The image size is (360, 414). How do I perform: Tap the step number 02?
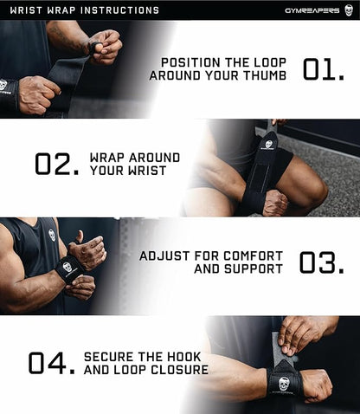pyautogui.click(x=57, y=164)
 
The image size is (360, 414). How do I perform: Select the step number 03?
pyautogui.click(x=324, y=262)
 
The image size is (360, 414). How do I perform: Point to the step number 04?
pyautogui.click(x=50, y=362)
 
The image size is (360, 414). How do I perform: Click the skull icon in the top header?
pyautogui.click(x=349, y=10)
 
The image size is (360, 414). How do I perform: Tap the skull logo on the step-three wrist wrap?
pyautogui.click(x=67, y=267)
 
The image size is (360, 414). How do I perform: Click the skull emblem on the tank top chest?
pyautogui.click(x=52, y=235)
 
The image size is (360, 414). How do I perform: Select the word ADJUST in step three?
pyautogui.click(x=162, y=256)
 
